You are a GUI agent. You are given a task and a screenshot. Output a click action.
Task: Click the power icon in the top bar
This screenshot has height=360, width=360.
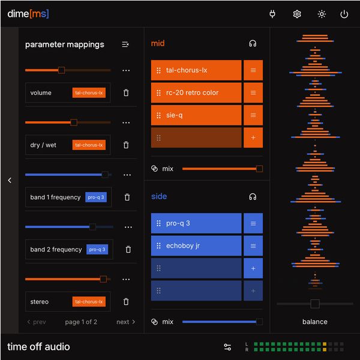point(344,14)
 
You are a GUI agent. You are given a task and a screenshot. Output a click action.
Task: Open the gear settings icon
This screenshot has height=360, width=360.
point(297,14)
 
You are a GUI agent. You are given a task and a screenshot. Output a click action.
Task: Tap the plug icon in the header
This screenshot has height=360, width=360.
point(272,14)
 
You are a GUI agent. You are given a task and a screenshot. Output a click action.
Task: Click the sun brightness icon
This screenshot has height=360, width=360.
point(322,14)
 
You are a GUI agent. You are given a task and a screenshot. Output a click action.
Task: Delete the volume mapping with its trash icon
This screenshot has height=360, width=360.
point(126,93)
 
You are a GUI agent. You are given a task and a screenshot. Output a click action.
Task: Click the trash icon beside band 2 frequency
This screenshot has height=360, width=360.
point(128,250)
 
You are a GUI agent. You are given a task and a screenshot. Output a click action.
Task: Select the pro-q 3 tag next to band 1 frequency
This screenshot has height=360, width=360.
point(96,197)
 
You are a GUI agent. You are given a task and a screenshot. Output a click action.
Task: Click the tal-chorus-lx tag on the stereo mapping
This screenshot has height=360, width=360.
point(89,301)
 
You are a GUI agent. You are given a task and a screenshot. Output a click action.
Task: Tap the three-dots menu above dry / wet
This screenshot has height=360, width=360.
point(126,122)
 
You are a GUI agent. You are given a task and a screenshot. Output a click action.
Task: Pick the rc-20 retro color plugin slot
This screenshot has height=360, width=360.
point(196,92)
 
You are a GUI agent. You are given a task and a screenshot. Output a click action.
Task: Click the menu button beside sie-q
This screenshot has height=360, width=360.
point(253,115)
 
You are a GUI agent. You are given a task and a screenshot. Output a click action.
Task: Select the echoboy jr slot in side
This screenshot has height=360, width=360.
point(196,245)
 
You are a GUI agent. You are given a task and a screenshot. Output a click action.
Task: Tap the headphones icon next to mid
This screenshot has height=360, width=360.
point(253,43)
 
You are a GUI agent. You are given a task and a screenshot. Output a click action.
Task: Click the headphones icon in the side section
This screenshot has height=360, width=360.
point(253,196)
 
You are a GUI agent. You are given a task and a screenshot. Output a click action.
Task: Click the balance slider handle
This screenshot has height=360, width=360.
point(315,304)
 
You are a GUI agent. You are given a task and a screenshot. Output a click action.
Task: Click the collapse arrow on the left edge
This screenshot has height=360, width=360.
point(10,180)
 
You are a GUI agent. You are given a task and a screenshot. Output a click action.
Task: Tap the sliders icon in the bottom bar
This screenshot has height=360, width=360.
point(227,347)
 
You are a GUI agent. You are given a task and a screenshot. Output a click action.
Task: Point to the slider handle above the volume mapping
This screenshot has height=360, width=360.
point(61,70)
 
